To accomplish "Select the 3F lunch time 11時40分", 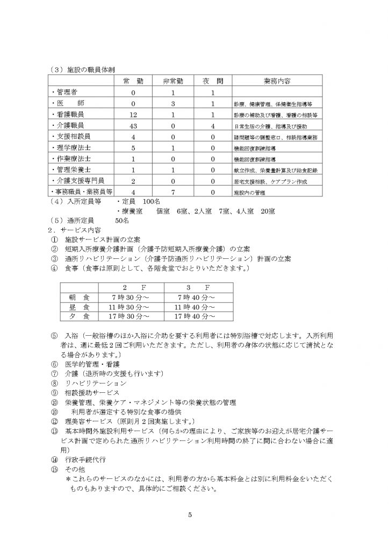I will pyautogui.click(x=191, y=307).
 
